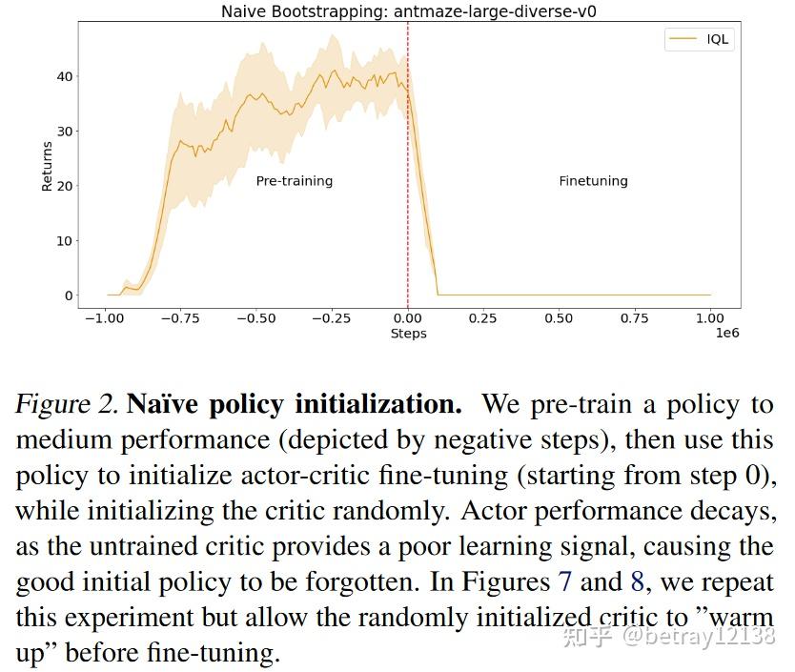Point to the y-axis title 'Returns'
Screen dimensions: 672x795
[x=48, y=167]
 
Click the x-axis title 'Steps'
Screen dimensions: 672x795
[x=408, y=334]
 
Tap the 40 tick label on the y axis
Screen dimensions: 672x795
[x=63, y=76]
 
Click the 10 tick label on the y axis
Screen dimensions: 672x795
[x=63, y=241]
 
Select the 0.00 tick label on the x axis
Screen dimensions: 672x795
[x=408, y=318]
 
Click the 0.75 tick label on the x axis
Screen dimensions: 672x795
[x=635, y=318]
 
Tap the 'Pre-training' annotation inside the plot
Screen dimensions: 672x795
[x=295, y=181]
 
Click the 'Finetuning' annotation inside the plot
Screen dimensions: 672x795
[x=593, y=181]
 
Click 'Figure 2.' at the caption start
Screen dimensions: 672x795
[x=65, y=405]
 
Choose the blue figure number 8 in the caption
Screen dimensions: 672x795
[x=638, y=582]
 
